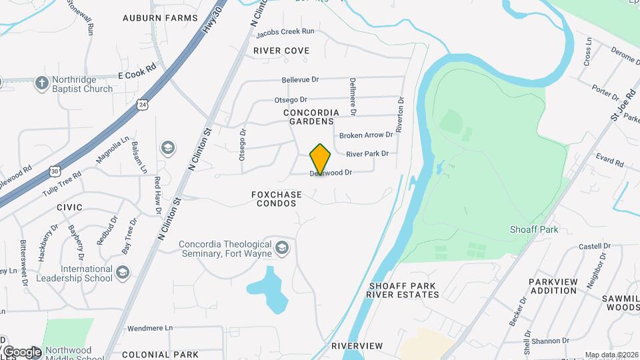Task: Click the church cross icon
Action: [41, 83]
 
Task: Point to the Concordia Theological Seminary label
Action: [225, 249]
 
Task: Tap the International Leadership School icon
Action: [123, 272]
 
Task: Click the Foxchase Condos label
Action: [276, 199]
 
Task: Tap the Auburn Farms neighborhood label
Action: [160, 18]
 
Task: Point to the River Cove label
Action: [281, 51]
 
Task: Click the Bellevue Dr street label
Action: [300, 79]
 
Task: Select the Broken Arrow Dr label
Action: [366, 135]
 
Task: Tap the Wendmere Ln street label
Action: [149, 328]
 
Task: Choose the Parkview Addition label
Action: [553, 287]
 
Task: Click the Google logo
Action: [22, 351]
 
